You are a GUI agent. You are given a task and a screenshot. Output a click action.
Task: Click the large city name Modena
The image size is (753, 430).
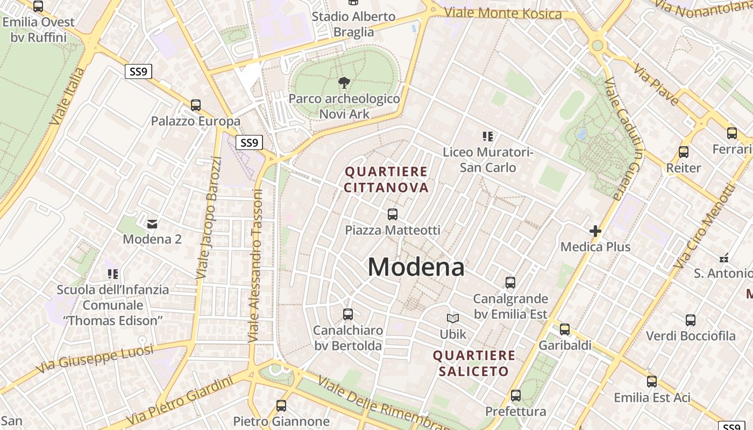pos(416,267)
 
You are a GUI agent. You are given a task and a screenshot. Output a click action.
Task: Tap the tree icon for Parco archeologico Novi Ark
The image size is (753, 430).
pos(344,83)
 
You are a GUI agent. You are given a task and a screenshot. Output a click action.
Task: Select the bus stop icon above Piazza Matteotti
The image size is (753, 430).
pos(393,214)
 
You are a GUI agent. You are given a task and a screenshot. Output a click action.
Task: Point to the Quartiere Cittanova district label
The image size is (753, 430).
pos(386,180)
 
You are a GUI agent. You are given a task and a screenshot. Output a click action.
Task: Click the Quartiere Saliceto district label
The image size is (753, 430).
pos(474,363)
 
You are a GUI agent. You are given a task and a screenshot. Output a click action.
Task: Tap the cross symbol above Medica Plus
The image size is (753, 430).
pos(595,231)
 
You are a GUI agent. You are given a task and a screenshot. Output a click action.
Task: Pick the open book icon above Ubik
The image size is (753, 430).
pos(453,318)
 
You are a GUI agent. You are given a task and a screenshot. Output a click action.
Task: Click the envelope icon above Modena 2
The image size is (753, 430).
pos(152,224)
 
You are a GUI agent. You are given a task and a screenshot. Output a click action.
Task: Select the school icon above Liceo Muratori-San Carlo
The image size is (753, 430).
pos(488,137)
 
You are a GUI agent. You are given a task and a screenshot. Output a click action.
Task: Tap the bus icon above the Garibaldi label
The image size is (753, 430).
pos(565,329)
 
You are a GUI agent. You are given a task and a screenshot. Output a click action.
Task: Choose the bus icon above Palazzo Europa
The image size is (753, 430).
pos(196,105)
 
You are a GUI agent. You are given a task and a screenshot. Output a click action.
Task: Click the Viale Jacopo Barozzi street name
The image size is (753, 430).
pos(209,218)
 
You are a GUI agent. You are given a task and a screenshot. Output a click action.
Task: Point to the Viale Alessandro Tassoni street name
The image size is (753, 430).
pos(255,266)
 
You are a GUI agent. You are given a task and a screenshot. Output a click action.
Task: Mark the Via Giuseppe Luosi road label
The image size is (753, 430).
pos(95,359)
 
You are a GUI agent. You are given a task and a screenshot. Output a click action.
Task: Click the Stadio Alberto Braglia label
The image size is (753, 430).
pos(353,24)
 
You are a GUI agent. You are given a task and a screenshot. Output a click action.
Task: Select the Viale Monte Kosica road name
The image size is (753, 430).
pos(503,12)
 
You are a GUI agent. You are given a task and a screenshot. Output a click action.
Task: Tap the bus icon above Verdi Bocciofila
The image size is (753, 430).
pos(691,320)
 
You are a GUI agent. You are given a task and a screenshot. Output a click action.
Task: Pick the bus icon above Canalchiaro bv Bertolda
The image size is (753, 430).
pos(348,314)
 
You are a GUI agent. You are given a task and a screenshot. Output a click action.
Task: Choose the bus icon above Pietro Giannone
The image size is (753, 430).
pos(281,406)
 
